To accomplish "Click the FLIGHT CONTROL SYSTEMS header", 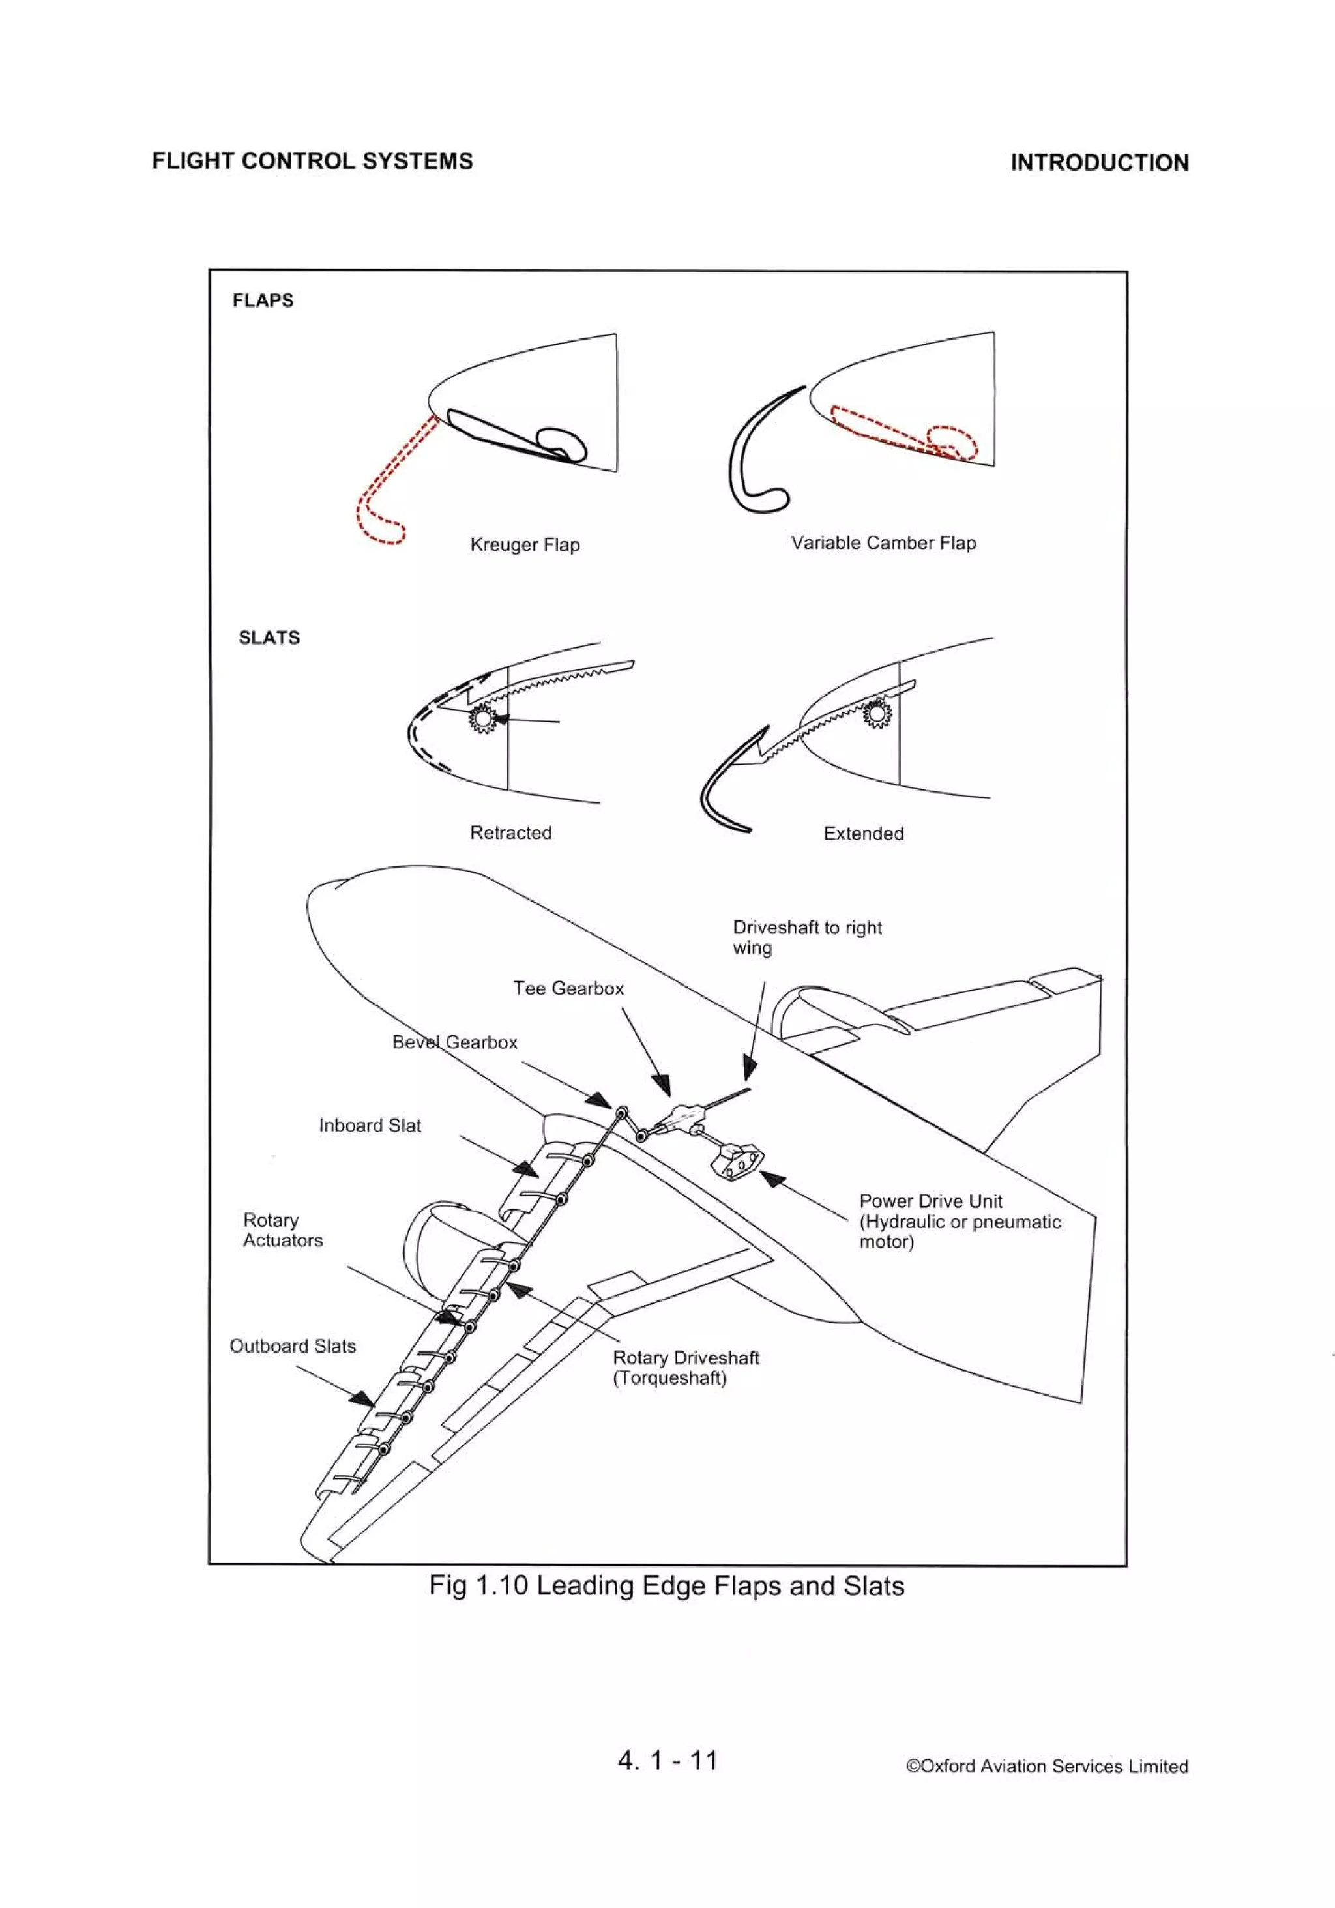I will [x=312, y=161].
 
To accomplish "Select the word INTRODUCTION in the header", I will [x=1099, y=163].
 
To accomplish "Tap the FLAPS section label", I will [x=263, y=301].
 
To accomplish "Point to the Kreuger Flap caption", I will [x=525, y=545].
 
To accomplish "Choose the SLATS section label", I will [x=269, y=638].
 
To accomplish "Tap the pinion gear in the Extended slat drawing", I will [x=876, y=713].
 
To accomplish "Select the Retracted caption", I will [x=510, y=832].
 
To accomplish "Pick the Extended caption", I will [x=863, y=834].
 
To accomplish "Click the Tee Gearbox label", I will [x=568, y=989].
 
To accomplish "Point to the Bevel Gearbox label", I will [x=455, y=1043].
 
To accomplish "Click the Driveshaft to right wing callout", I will [x=806, y=937].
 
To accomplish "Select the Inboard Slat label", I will [x=370, y=1126].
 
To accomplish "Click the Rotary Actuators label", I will [x=283, y=1231].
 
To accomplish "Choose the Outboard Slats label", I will [x=293, y=1346].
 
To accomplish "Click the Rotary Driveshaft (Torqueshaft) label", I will [x=685, y=1368].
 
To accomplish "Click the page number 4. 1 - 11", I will [x=667, y=1760].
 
